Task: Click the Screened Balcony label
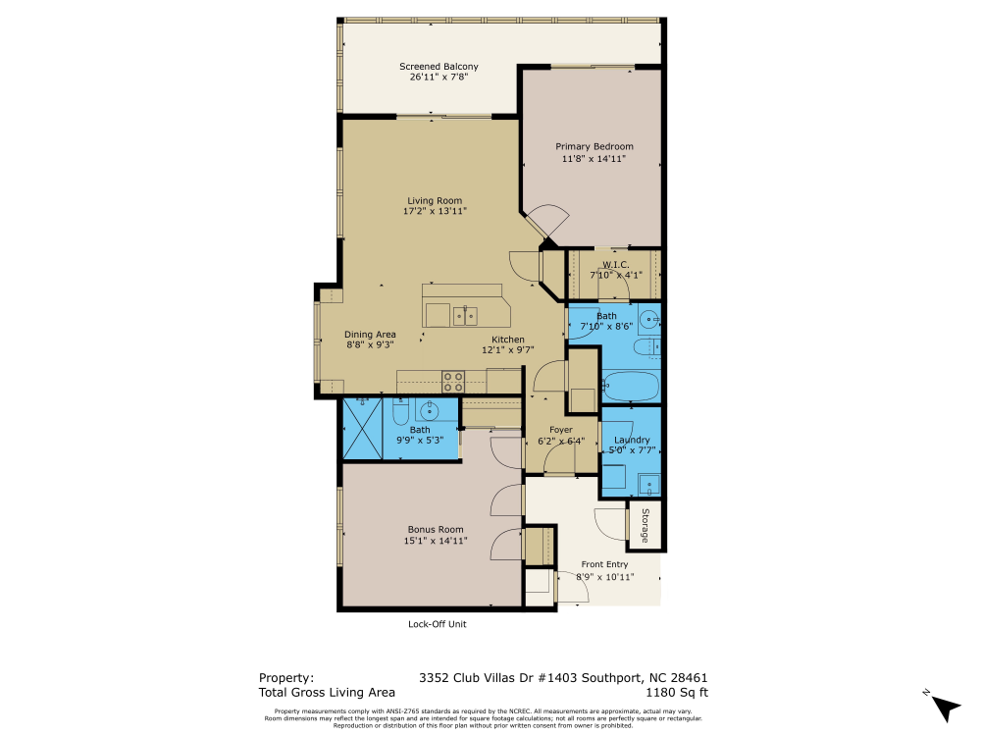[x=425, y=66]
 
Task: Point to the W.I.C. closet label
[x=615, y=264]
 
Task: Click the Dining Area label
[x=370, y=335]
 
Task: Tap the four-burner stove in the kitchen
[x=453, y=380]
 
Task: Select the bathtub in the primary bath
[x=629, y=386]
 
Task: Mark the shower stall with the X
[x=362, y=428]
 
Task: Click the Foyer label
[x=560, y=430]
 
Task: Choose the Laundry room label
[x=632, y=441]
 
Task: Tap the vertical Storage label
[x=645, y=526]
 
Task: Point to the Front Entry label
[x=604, y=564]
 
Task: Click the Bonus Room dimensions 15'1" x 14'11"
[x=436, y=541]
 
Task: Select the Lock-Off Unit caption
[x=436, y=624]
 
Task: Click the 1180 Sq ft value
[x=676, y=692]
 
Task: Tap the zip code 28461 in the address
[x=687, y=677]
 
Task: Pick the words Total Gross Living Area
[x=327, y=692]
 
